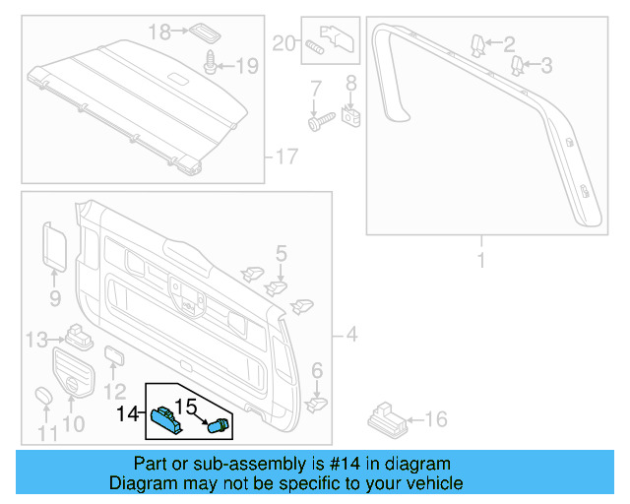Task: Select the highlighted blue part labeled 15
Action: (x=218, y=425)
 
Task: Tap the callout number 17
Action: (x=283, y=156)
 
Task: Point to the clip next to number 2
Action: (x=477, y=44)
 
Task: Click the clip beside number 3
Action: (x=517, y=66)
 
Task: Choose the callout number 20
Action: (x=283, y=42)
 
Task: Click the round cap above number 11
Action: (x=45, y=396)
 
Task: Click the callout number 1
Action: (x=481, y=260)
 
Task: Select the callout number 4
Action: (x=351, y=336)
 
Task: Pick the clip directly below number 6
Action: (x=315, y=402)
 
